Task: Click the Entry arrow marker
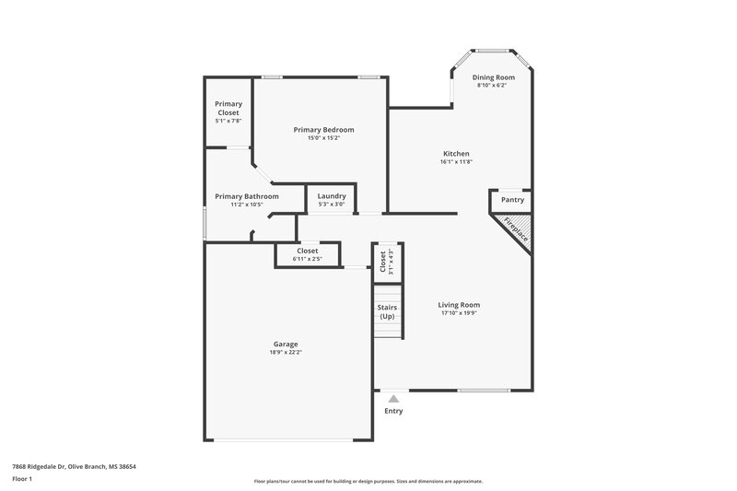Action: [393, 399]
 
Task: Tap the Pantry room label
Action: [512, 200]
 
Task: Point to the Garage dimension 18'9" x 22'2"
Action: [285, 352]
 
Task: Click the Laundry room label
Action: [331, 196]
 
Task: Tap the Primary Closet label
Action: [228, 108]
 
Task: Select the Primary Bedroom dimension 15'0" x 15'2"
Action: [323, 138]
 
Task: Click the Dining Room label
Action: [493, 77]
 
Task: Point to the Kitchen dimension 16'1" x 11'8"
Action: [456, 162]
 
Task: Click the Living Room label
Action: [458, 305]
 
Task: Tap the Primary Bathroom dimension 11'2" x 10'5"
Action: [246, 205]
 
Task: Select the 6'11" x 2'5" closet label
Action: [307, 259]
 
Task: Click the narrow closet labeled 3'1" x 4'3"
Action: [384, 262]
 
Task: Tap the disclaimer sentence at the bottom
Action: [368, 481]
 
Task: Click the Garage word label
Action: [285, 345]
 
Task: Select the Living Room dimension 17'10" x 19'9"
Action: [458, 313]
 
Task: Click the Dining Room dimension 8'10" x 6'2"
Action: [493, 85]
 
